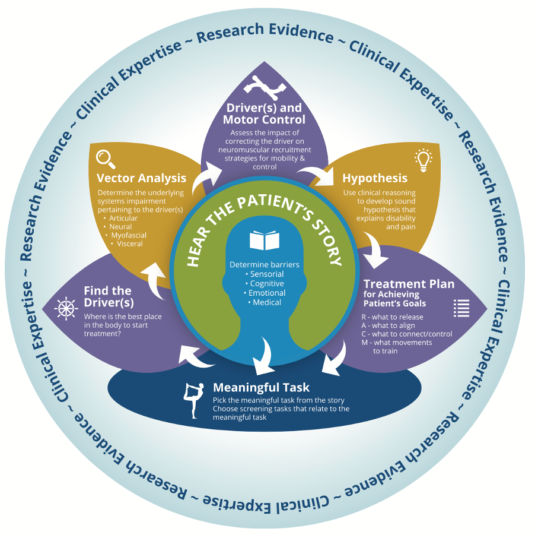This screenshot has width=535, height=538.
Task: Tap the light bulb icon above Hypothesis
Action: pos(423,159)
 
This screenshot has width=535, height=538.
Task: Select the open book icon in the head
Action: pos(264,240)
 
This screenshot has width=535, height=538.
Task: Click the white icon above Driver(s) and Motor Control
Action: pos(264,88)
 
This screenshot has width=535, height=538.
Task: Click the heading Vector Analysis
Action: pos(141,178)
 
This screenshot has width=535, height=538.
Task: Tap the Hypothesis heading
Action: pos(375,178)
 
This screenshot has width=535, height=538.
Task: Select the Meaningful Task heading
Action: pos(261,388)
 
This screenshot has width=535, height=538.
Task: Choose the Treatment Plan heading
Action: pos(409,284)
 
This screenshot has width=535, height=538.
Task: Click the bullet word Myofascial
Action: pos(129,235)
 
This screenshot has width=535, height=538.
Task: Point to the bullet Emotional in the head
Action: pos(266,293)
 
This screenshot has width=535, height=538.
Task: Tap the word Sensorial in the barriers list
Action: pos(266,274)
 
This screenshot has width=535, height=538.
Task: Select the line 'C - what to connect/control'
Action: pos(406,334)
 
